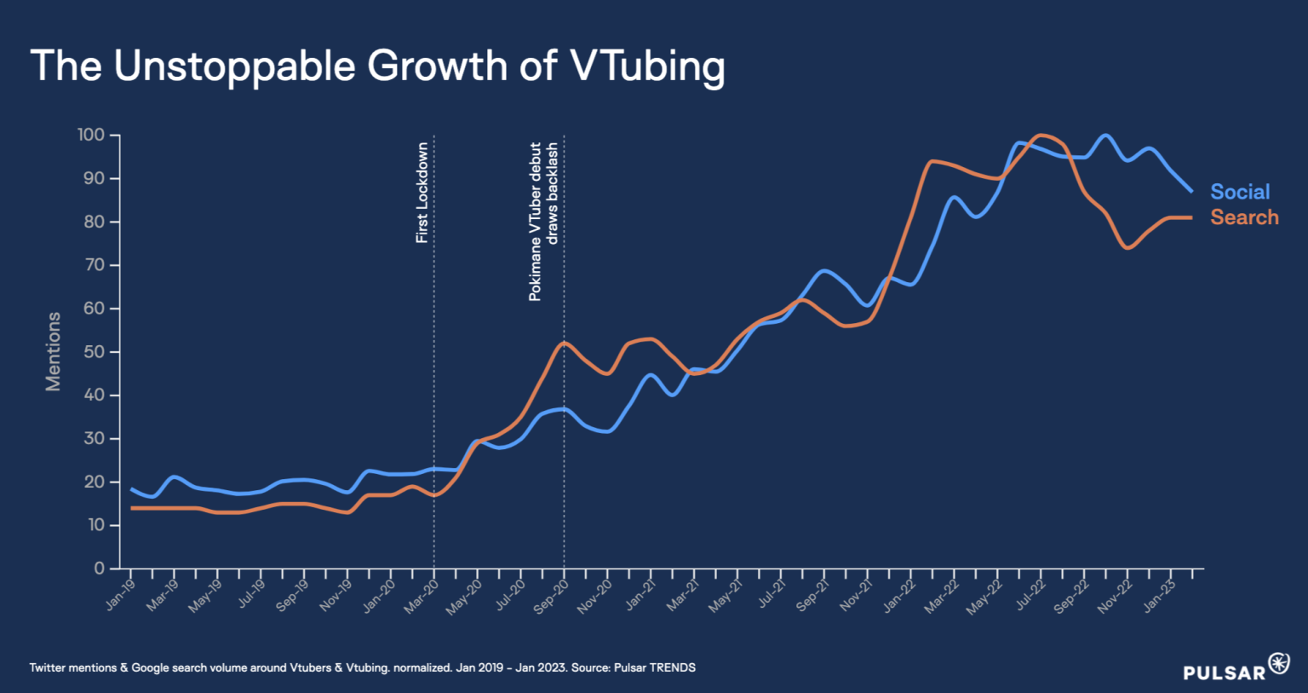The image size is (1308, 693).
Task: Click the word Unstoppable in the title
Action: tap(234, 66)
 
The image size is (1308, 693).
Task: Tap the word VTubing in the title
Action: tap(648, 66)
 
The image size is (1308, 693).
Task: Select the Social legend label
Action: tap(1240, 192)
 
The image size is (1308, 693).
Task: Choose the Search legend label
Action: tap(1244, 217)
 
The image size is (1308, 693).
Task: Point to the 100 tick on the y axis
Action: tap(91, 135)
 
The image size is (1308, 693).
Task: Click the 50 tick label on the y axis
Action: tap(95, 352)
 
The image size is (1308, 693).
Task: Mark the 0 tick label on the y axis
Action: tap(100, 569)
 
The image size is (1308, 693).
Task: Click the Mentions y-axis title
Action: tap(54, 351)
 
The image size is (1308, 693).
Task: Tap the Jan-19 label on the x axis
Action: tap(121, 594)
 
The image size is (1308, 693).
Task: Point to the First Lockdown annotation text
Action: tap(422, 193)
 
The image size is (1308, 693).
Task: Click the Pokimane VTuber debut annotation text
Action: tap(536, 221)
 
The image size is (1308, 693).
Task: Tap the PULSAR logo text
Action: tap(1225, 673)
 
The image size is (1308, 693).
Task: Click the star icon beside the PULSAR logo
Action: tap(1279, 663)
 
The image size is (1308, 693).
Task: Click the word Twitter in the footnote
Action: tap(50, 667)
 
